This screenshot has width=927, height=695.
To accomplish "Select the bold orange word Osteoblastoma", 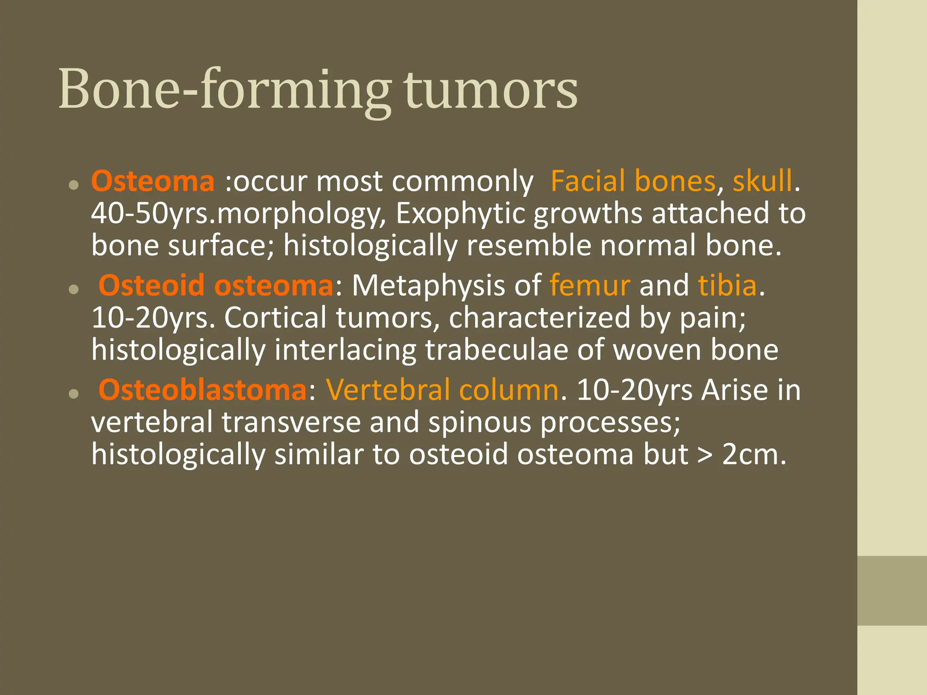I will coord(202,390).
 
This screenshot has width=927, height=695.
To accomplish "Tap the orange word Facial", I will coord(588,181).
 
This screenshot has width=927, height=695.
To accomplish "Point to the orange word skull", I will coord(763,181).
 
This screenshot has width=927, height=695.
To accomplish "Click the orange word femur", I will coord(590,286).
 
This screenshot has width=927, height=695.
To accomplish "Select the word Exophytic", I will coord(460,214).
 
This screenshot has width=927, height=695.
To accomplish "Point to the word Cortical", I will coord(275,318).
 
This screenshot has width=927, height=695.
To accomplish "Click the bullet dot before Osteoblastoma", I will coord(74,394).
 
